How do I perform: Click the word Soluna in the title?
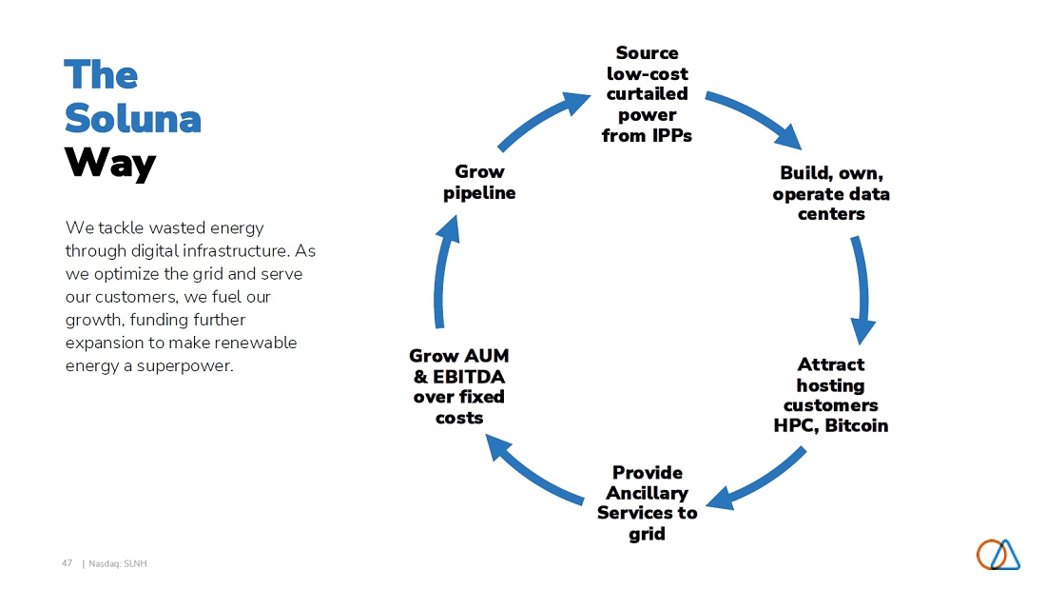point(133,118)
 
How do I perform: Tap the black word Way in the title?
point(110,163)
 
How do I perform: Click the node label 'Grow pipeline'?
point(479,183)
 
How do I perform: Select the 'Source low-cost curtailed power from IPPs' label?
point(647,94)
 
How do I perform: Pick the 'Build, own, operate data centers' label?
point(831,193)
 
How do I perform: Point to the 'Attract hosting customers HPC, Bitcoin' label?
point(831,395)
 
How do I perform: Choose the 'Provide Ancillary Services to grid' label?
point(647,502)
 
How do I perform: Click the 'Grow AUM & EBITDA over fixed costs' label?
point(459,386)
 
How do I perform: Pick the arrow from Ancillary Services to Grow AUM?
point(531,472)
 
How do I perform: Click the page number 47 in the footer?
point(67,563)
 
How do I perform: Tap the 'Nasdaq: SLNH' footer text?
point(117,563)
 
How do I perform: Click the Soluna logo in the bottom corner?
point(998,555)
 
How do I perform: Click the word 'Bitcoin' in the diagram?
point(857,425)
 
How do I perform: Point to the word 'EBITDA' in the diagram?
point(469,377)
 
